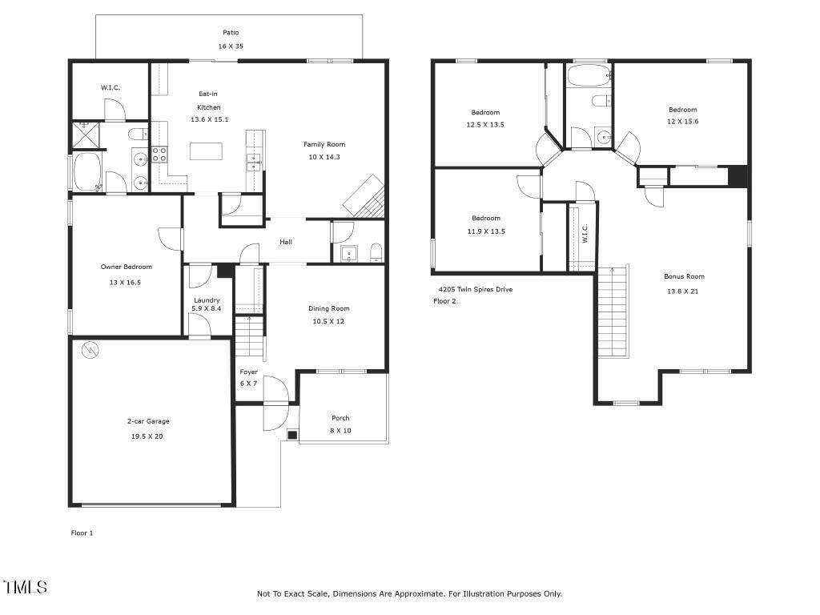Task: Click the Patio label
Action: coord(231,32)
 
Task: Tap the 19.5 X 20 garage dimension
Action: coord(147,436)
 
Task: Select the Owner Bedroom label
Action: coord(127,267)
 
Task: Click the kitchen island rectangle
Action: coord(206,151)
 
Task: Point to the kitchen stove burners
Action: coord(159,155)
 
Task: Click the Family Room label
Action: coord(324,144)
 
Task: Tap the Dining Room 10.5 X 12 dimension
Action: coord(328,322)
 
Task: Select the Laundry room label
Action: coord(207,300)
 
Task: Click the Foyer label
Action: coord(249,372)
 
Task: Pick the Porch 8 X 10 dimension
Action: coord(340,430)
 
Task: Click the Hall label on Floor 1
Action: coord(286,242)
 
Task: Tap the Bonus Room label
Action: coord(684,276)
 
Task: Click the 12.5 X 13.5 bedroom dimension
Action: coord(485,124)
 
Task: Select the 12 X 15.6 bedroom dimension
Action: coord(682,122)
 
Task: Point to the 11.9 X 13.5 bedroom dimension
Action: coord(486,231)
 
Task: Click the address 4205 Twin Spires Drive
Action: coord(476,289)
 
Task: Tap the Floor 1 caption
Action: coord(82,533)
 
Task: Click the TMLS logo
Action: coord(25,587)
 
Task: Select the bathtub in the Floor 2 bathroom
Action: coord(589,76)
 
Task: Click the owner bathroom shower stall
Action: coord(86,135)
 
